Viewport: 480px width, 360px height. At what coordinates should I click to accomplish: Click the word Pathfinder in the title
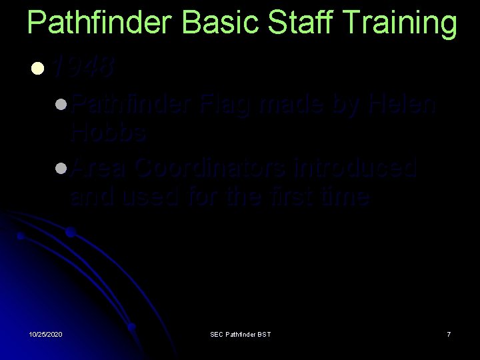tap(99, 23)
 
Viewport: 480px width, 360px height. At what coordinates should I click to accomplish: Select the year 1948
tap(83, 67)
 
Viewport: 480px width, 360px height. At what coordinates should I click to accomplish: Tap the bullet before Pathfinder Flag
tap(61, 105)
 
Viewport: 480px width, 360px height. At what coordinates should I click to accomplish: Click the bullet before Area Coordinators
tap(61, 169)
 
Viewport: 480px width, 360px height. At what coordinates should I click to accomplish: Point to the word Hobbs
tap(109, 133)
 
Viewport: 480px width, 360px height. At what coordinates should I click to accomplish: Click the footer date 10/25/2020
tap(46, 333)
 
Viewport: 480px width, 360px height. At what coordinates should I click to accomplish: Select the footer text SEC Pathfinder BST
tap(240, 333)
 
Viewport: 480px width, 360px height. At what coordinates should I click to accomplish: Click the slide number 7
tap(449, 333)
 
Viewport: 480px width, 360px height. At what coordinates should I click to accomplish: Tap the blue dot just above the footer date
tap(133, 327)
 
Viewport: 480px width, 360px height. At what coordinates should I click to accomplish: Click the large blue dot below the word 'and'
tap(70, 232)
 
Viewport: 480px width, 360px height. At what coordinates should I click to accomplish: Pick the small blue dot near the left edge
tap(21, 236)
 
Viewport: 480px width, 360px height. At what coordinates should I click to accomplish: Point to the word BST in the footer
tap(264, 333)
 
